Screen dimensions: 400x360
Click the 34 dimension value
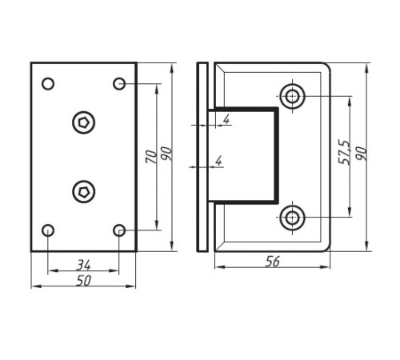pos(84,265)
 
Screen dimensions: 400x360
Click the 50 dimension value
pos(84,281)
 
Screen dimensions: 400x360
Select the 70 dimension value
pos(151,157)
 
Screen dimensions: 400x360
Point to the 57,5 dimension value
pos(344,152)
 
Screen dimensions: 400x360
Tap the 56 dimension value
pos(273,262)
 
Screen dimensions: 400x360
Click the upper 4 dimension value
pos(226,119)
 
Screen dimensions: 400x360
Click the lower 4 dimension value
pos(218,161)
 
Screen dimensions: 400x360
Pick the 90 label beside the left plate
pos(167,154)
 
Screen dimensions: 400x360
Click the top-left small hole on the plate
pos(48,83)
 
